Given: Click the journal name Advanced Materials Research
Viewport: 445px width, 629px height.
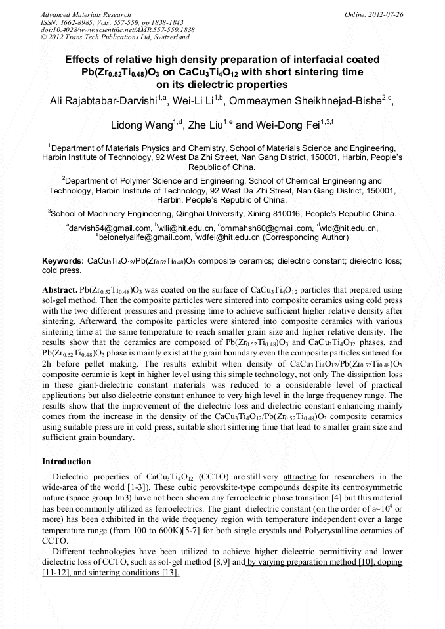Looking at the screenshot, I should point(85,14).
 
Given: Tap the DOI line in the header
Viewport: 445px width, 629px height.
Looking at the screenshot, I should point(117,30).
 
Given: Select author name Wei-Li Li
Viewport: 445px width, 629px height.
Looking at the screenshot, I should point(197,100).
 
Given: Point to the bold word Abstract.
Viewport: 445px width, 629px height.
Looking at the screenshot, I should point(59,289).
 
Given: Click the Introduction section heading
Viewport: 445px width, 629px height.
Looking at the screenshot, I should point(66,462).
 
